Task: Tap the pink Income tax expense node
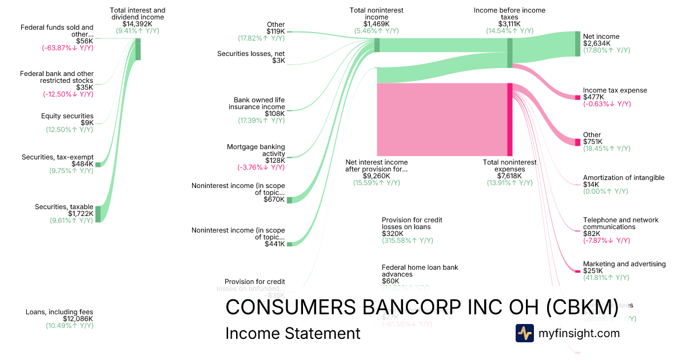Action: tap(577, 98)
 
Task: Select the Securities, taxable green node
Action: tap(98, 214)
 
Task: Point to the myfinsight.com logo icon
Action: tap(524, 333)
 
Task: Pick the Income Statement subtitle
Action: tap(293, 333)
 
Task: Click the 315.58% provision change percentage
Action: tap(408, 241)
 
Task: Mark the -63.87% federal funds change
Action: tap(67, 48)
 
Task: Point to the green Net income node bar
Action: tap(577, 44)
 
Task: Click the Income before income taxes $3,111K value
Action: tap(509, 24)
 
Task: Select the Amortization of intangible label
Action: tap(624, 178)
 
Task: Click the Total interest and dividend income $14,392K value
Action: tap(137, 24)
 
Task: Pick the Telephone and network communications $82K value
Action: tap(592, 234)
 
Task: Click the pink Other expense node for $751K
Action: tap(577, 142)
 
